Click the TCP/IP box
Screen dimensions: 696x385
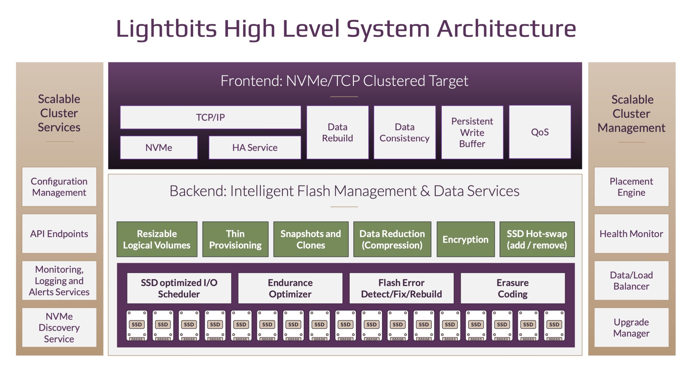tap(210, 117)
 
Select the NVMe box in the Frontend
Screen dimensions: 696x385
tap(159, 147)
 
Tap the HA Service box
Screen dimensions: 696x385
tap(255, 147)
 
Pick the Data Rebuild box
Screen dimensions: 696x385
tap(337, 132)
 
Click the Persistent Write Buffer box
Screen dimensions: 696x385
tap(472, 132)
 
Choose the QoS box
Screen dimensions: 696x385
tap(540, 132)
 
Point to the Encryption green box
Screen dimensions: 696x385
tap(466, 239)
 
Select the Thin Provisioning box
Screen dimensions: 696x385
tap(235, 239)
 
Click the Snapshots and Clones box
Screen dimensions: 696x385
tap(311, 239)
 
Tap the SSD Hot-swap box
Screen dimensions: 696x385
tap(537, 239)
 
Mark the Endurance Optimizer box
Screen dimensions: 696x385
tap(290, 288)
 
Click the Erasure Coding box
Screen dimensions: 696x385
tap(513, 288)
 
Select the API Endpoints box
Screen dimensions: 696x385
tap(59, 234)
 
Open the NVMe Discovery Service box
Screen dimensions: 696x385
tap(59, 327)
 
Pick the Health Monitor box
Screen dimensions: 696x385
tap(631, 234)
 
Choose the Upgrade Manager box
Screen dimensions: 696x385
tap(631, 327)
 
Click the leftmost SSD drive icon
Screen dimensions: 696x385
tap(137, 325)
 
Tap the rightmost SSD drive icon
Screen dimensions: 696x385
tap(554, 325)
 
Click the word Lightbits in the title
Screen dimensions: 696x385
tap(166, 29)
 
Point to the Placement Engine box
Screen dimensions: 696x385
tap(631, 187)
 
